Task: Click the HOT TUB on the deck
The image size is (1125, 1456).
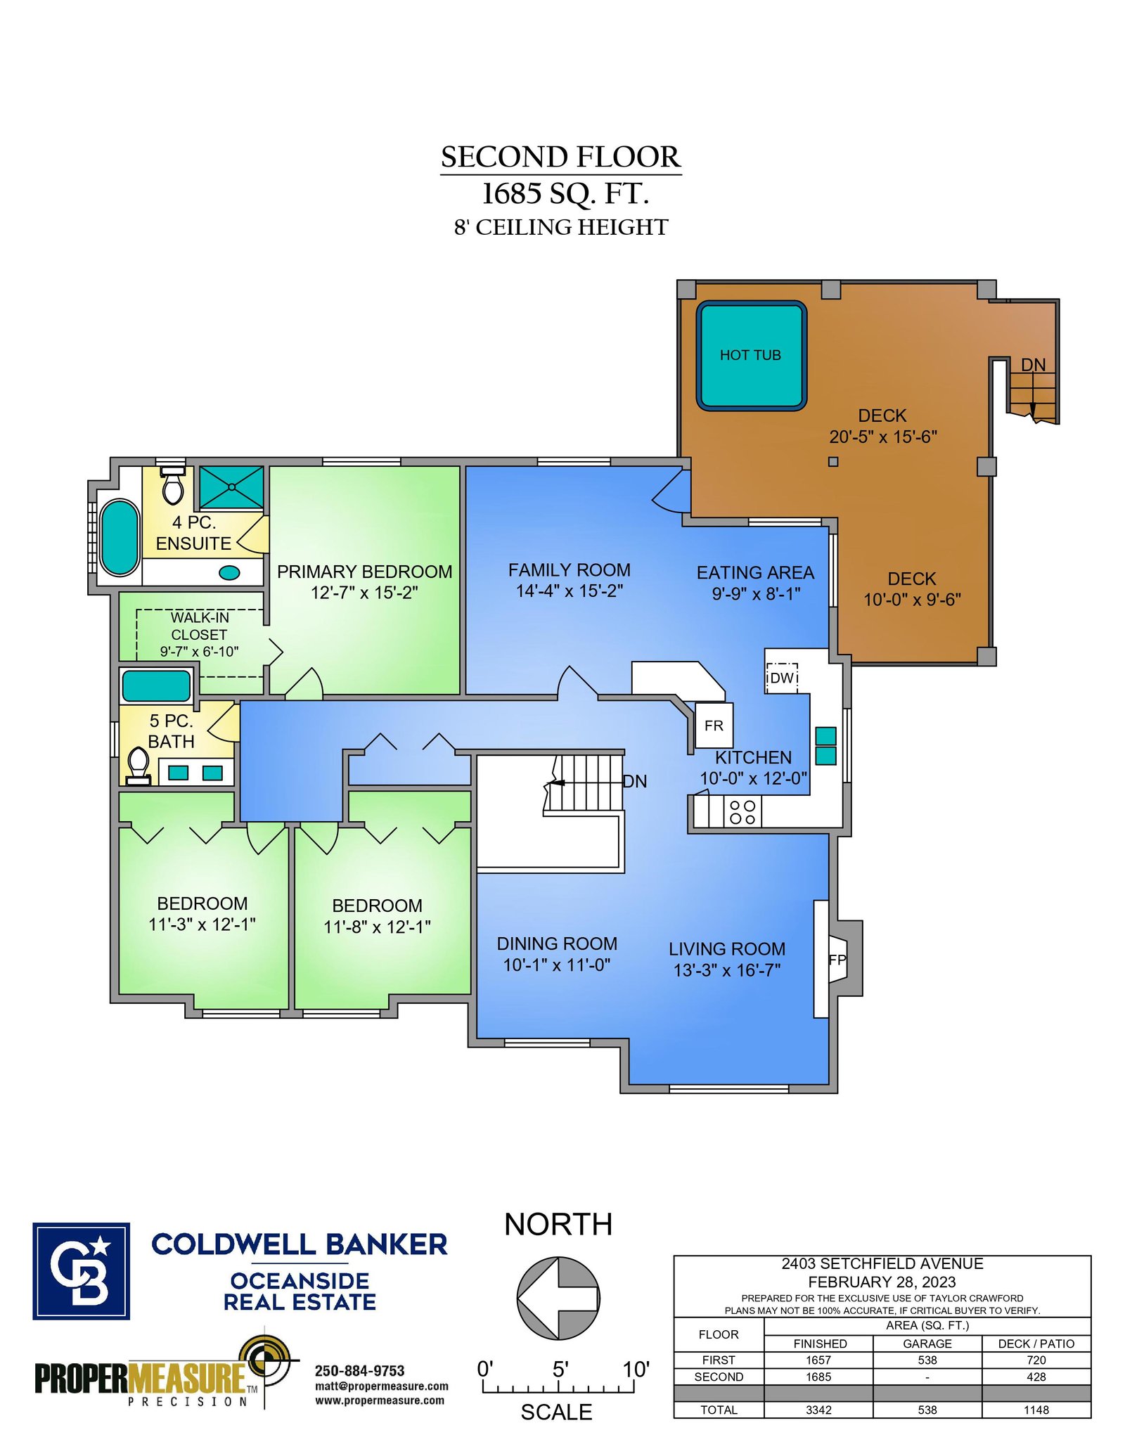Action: coord(751,355)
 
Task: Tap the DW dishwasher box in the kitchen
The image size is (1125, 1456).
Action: coord(781,678)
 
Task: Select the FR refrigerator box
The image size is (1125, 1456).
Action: coord(714,725)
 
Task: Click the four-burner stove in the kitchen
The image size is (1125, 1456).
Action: coord(742,812)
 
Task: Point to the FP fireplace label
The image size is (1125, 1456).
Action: coord(837,960)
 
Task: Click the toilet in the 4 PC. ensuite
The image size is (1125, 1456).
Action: coord(173,484)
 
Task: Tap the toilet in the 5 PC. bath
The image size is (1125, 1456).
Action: coord(139,766)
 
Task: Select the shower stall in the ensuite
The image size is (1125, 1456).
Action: coord(231,487)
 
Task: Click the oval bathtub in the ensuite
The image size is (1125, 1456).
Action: coord(120,538)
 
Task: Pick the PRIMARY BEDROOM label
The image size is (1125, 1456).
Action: coord(364,572)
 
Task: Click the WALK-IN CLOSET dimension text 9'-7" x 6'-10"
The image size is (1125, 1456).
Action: coord(199,652)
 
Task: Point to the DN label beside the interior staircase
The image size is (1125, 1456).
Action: coord(635,781)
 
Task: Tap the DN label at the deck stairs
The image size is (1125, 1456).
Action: coord(1033,365)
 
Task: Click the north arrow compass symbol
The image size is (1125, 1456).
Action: coord(558,1298)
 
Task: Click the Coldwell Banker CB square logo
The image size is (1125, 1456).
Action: coord(81,1271)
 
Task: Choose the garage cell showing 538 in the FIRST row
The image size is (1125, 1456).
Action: coord(927,1360)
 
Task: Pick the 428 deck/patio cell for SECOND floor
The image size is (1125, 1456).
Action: coord(1036,1377)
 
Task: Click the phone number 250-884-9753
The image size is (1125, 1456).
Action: coord(359,1371)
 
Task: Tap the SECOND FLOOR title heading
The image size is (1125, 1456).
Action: coord(560,157)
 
